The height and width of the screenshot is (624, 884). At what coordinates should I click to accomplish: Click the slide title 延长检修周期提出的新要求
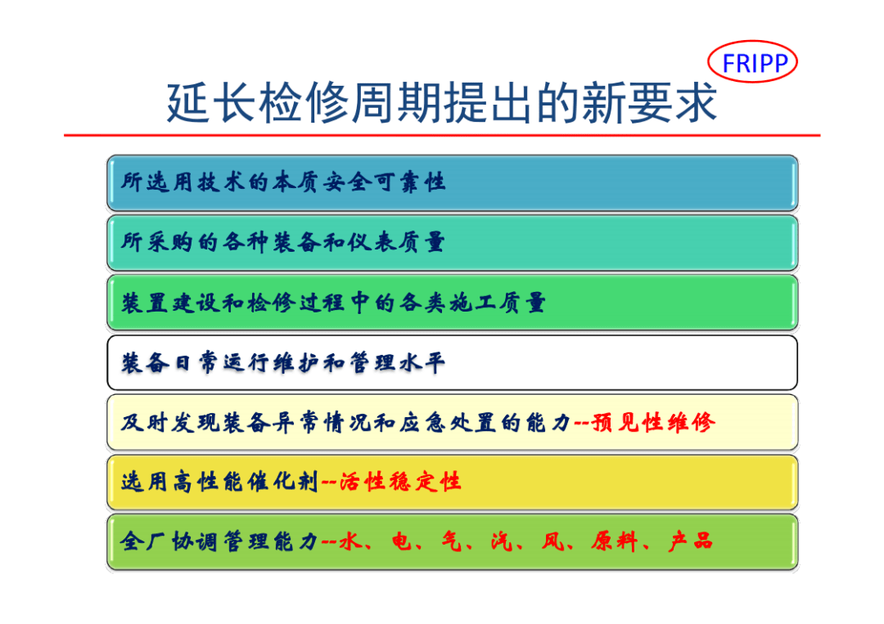click(x=442, y=102)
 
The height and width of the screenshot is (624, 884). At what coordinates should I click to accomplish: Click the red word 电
click(x=402, y=541)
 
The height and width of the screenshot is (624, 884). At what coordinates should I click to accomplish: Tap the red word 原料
click(x=615, y=541)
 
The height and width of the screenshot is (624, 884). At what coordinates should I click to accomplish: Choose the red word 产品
click(x=691, y=541)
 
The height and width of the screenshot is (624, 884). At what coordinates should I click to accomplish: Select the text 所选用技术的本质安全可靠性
click(x=283, y=182)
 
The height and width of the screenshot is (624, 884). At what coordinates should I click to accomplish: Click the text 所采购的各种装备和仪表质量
click(x=283, y=242)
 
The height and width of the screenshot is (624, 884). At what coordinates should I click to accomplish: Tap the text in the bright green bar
click(x=334, y=303)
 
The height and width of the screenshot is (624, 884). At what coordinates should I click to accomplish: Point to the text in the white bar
click(x=283, y=362)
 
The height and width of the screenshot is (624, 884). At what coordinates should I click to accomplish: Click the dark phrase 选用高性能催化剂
click(x=219, y=482)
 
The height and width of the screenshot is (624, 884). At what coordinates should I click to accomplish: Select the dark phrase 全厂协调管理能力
click(x=219, y=541)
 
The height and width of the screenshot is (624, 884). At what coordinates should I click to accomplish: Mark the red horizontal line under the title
click(x=442, y=135)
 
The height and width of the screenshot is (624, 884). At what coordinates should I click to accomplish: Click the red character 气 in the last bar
click(x=452, y=541)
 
